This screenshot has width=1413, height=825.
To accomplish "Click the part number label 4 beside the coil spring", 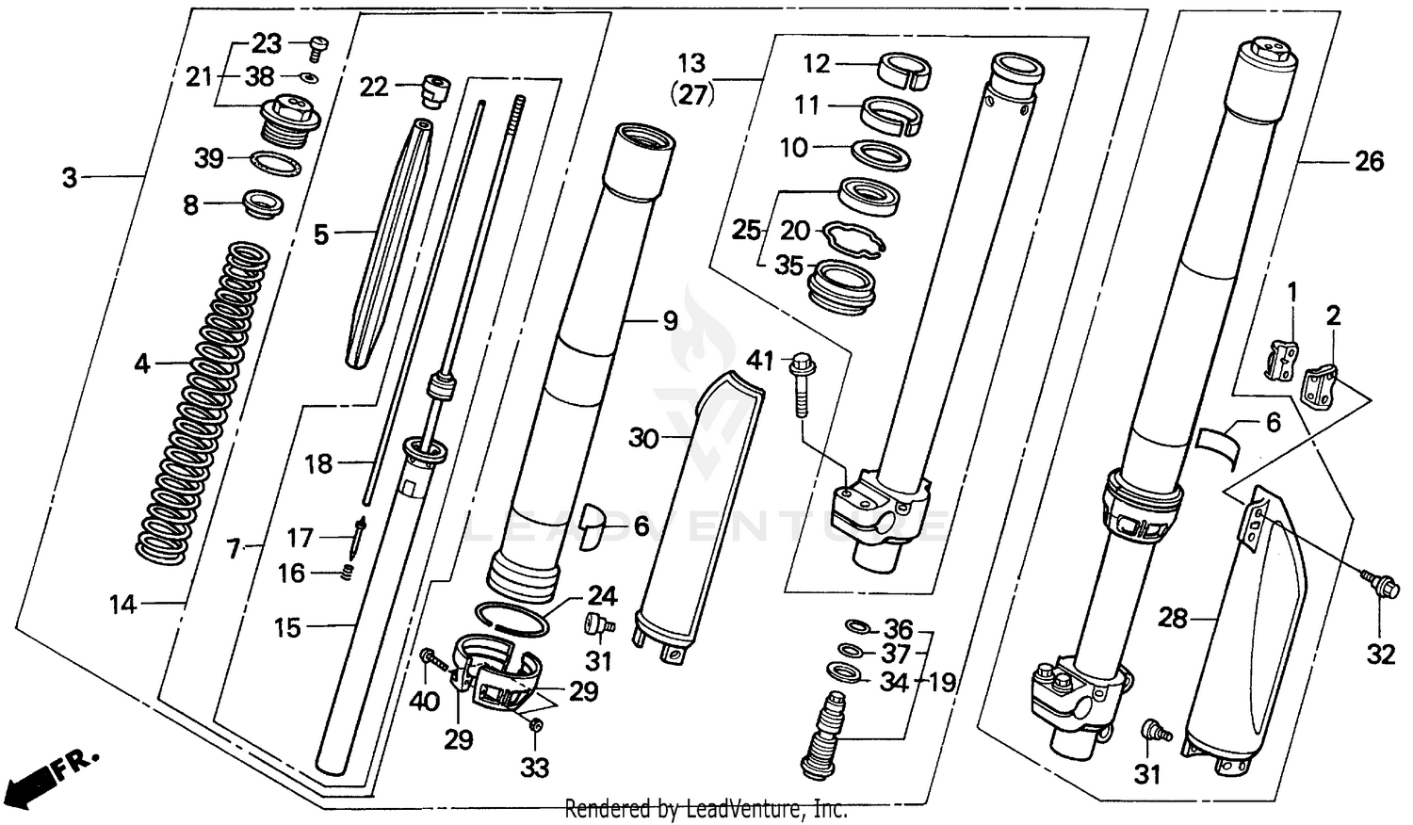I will point(141,363).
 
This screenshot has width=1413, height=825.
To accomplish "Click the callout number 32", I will point(1380,653).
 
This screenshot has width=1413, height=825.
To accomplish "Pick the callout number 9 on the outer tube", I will point(670,321).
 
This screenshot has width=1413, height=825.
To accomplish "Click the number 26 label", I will point(1369,162).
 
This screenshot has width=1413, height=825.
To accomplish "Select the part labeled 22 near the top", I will point(434,89).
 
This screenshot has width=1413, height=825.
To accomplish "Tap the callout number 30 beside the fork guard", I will point(643,438).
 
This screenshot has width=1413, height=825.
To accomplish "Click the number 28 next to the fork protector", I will point(1173,619).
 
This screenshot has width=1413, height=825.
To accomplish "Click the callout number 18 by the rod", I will point(318,463).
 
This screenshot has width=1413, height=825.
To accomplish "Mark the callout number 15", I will point(287,627).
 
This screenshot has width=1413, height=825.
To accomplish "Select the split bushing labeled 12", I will point(905,71).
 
